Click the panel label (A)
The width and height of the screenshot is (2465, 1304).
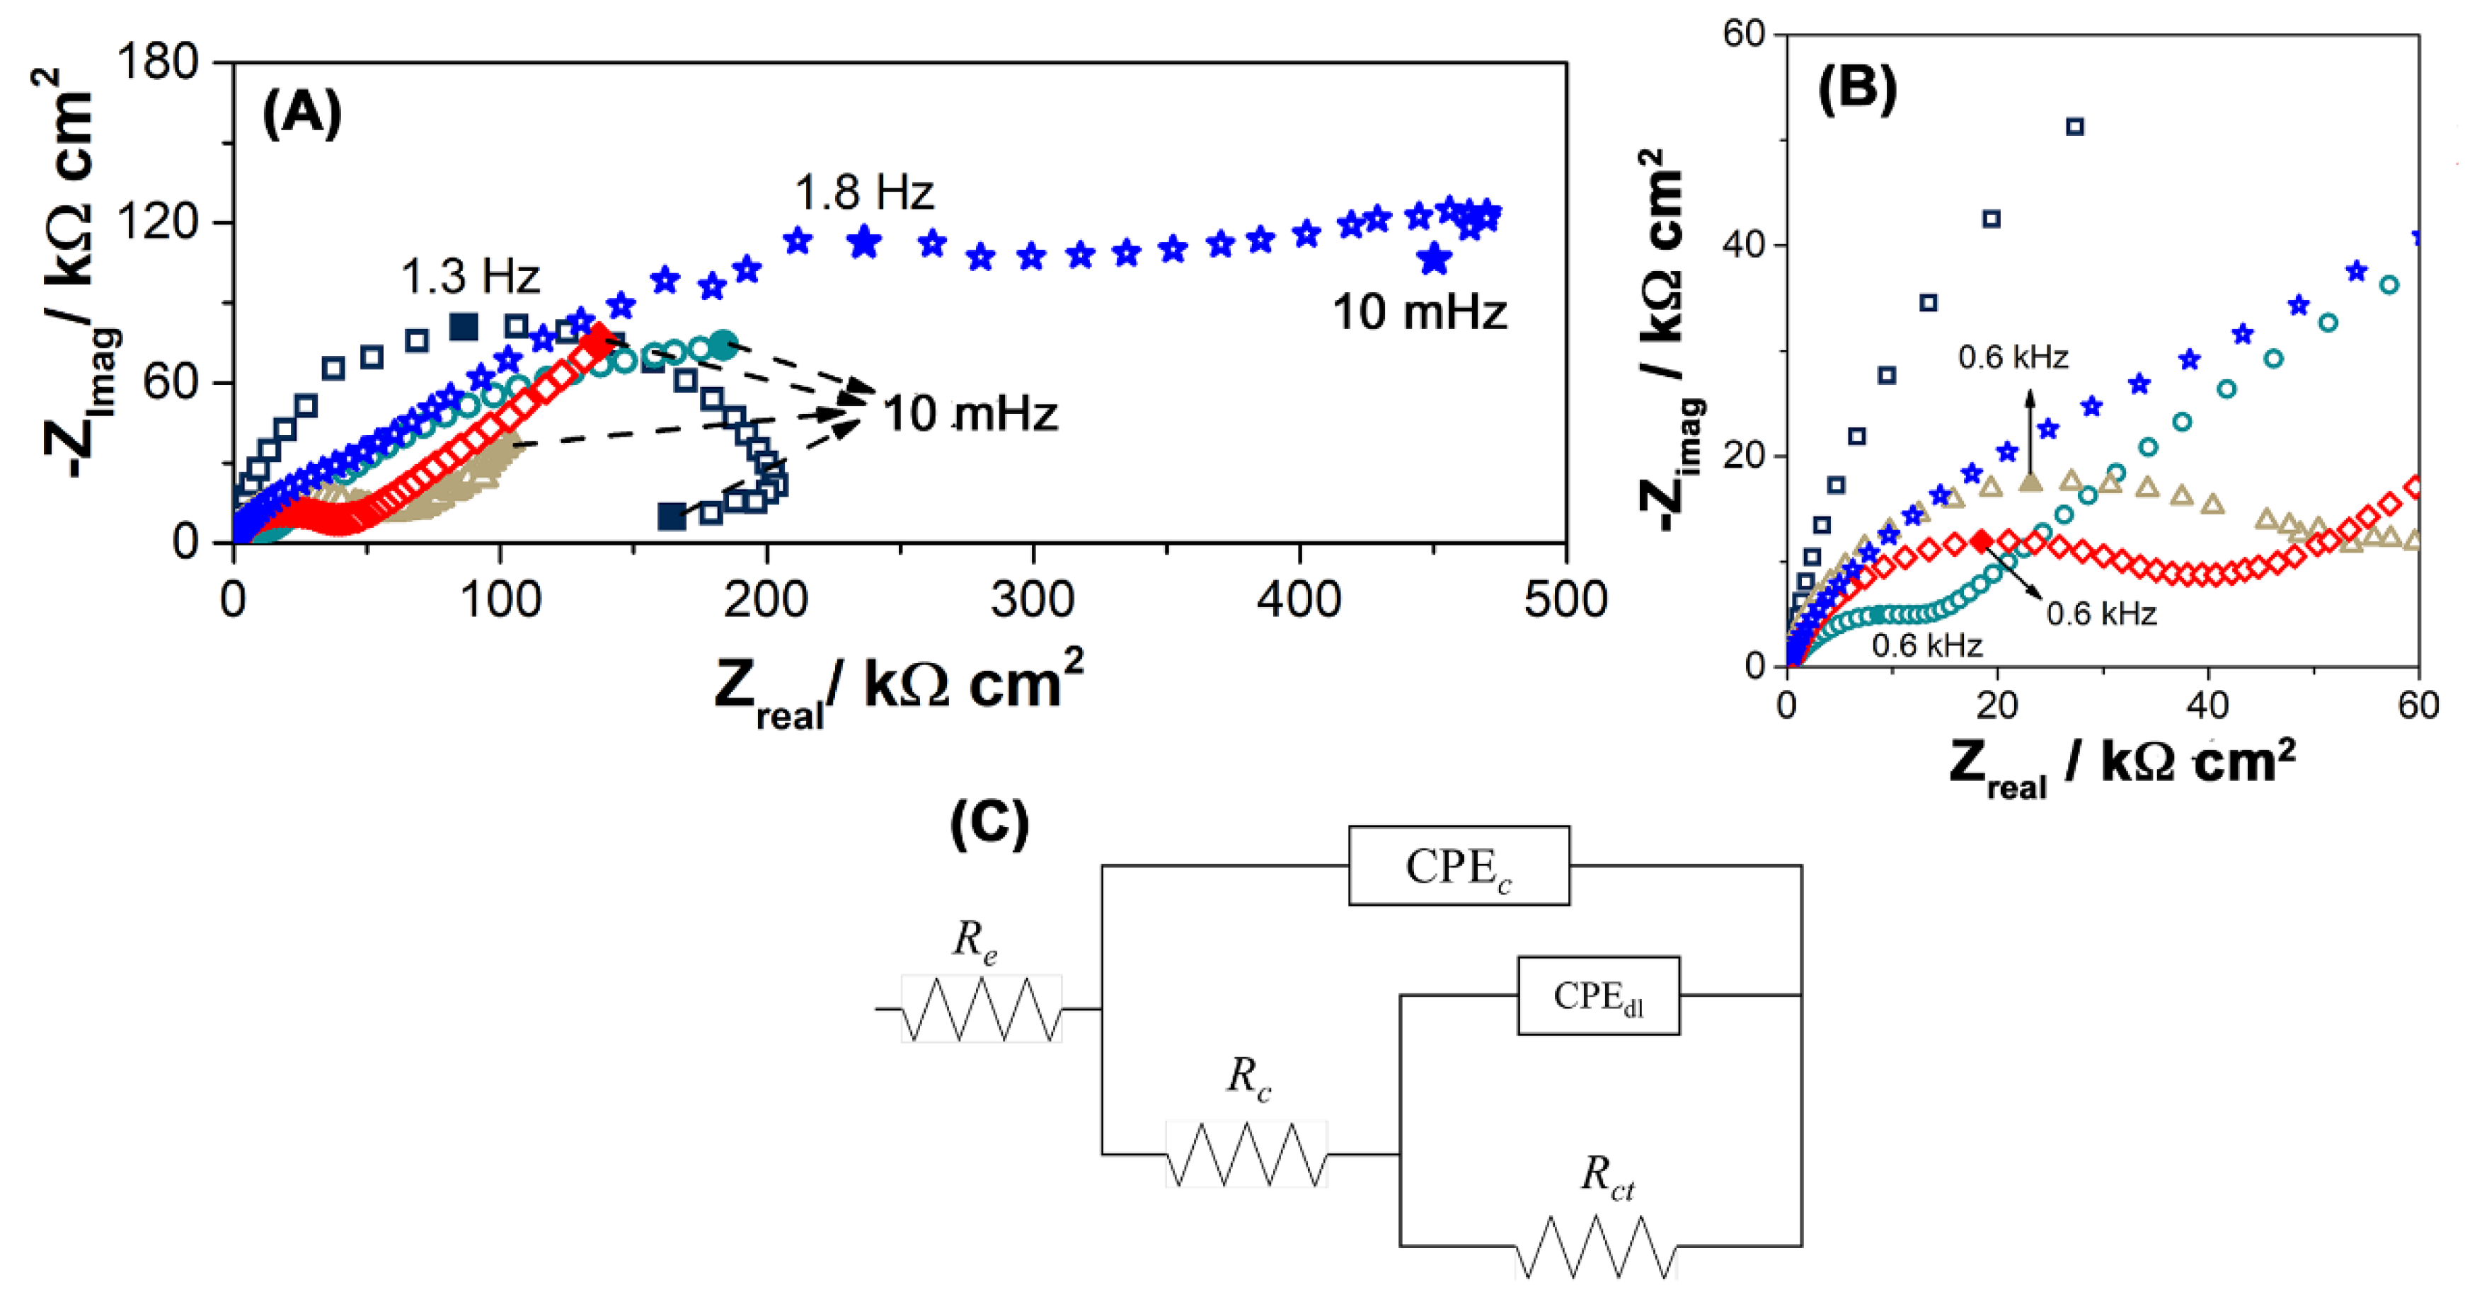[x=301, y=113]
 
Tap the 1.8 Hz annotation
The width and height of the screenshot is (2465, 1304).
[x=863, y=193]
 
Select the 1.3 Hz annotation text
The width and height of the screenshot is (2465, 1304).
[x=470, y=277]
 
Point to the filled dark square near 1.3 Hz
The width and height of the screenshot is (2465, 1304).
[x=463, y=326]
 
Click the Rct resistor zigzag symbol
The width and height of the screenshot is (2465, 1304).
[x=1595, y=1246]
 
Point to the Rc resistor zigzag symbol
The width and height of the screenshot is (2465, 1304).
[x=1245, y=1154]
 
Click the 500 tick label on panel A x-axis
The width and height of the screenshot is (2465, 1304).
[x=1565, y=601]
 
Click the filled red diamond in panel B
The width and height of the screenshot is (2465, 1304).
[x=1982, y=541]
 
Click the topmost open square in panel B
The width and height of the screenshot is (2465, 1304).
[x=2074, y=126]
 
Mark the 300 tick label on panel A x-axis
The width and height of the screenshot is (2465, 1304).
[x=1033, y=601]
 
